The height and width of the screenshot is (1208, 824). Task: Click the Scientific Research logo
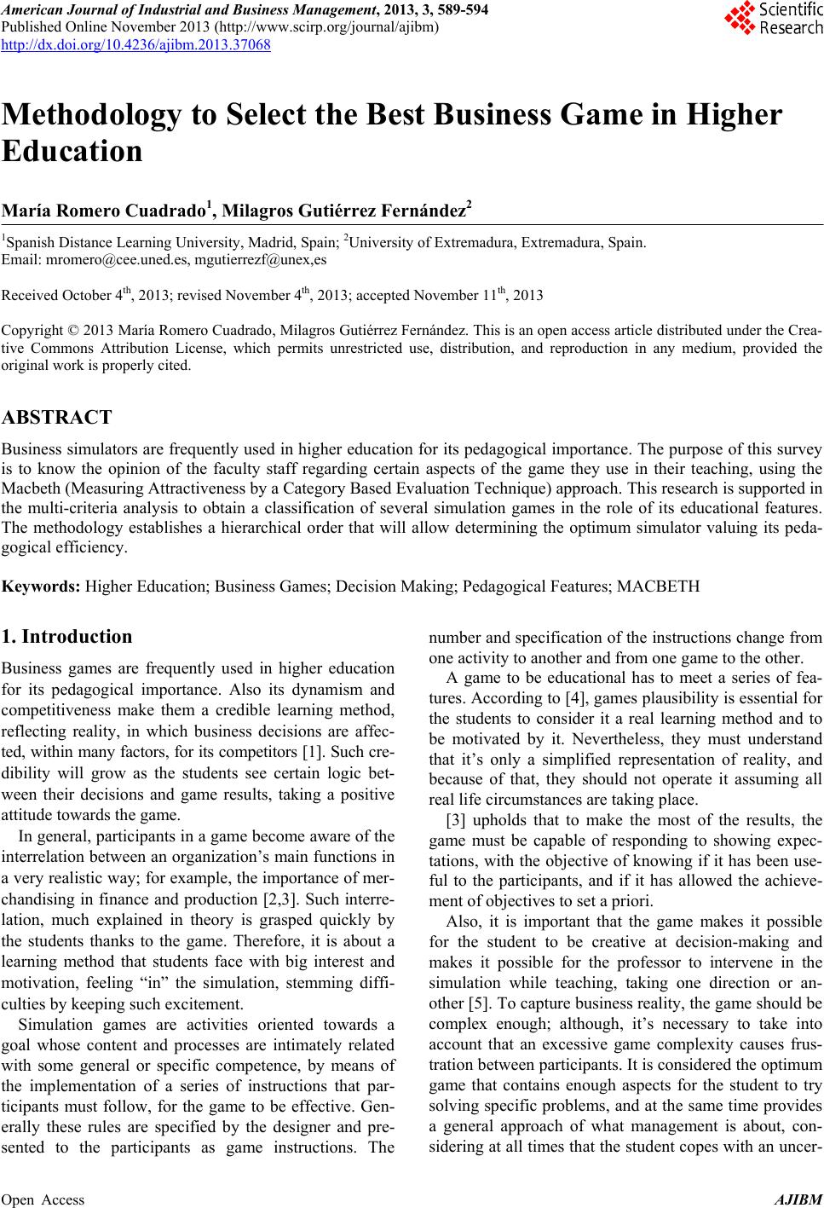point(774,19)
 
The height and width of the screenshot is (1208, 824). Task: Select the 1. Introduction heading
point(67,636)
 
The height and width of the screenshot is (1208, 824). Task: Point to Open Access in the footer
point(43,1199)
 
